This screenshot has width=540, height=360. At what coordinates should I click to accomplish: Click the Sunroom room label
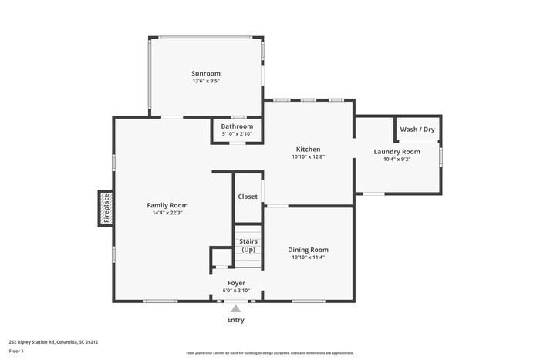pos(206,73)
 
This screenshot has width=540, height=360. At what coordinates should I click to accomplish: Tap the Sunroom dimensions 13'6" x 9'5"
pos(206,81)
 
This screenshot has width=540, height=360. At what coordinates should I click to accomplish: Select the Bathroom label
pos(237,126)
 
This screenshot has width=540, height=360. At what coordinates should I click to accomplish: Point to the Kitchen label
pos(308,149)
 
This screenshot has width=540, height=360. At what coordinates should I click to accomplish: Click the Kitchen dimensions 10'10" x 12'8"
pos(308,156)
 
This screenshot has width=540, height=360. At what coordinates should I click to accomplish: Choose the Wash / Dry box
pos(417,129)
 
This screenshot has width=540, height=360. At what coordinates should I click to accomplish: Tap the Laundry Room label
pos(397,152)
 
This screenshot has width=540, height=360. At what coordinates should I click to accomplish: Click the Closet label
pos(248,197)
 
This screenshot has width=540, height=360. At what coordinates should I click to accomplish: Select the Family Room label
pos(167,205)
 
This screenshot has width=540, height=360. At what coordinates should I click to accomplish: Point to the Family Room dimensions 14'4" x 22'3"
pos(167,213)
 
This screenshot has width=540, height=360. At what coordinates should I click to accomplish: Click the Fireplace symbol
pos(106,208)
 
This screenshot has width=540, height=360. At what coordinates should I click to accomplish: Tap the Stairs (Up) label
pos(248,246)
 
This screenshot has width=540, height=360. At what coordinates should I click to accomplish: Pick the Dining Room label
pos(308,249)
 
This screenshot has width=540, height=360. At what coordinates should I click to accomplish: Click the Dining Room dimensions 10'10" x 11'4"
pos(308,257)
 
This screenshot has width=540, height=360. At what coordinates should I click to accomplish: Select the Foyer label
pos(235,283)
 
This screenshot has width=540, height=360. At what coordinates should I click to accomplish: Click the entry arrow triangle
pos(235,308)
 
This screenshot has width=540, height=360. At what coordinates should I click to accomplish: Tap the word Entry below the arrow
pos(235,320)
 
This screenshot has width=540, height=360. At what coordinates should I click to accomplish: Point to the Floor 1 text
pos(16,351)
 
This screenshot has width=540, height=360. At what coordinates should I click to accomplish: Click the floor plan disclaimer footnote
pos(270,352)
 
